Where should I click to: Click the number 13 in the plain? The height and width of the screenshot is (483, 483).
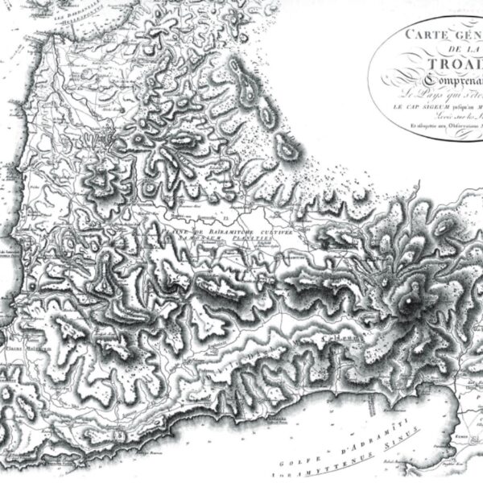point(227,217)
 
